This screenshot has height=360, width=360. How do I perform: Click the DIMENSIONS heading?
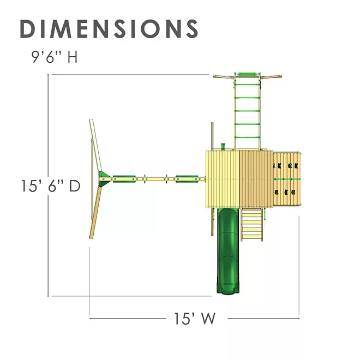click(x=109, y=28)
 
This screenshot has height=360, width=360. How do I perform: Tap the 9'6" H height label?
click(x=55, y=57)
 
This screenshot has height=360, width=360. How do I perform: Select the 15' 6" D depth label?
click(x=51, y=186)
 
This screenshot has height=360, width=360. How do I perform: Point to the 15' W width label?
click(x=195, y=319)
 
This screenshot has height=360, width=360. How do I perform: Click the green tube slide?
click(x=228, y=250)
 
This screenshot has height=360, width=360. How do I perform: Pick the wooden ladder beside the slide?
click(x=251, y=224)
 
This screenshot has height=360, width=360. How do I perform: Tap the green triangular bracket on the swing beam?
click(x=104, y=179)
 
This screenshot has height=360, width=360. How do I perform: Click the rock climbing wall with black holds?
click(x=287, y=179)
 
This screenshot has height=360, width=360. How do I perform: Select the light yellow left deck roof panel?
click(x=223, y=179)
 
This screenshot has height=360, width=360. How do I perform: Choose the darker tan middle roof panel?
click(x=256, y=179)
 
